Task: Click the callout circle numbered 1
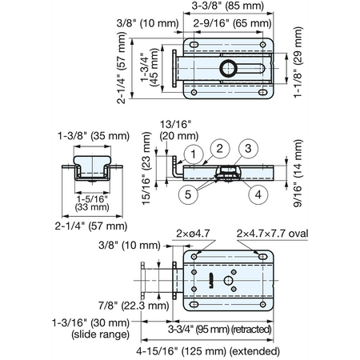(x=194, y=154)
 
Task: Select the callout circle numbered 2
(x=220, y=149)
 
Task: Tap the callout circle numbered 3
(x=248, y=149)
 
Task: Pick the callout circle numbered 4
(x=258, y=194)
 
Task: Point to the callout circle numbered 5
(x=188, y=194)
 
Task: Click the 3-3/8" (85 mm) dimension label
(x=228, y=6)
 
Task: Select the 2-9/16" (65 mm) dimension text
(x=232, y=23)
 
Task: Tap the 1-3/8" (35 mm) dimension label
(x=94, y=136)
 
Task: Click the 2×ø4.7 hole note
(x=193, y=234)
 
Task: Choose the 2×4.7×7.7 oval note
(x=272, y=234)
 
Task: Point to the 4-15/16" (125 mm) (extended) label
(x=208, y=351)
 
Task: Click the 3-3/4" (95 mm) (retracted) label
(x=220, y=330)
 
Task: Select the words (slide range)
(x=100, y=334)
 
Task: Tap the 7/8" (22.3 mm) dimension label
(x=134, y=306)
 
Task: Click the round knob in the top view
(x=228, y=68)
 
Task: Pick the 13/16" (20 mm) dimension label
(x=179, y=130)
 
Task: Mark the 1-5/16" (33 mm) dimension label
(x=92, y=203)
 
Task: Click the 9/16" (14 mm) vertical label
(x=298, y=173)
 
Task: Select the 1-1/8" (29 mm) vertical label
(x=298, y=62)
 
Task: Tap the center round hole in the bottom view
(x=228, y=281)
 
